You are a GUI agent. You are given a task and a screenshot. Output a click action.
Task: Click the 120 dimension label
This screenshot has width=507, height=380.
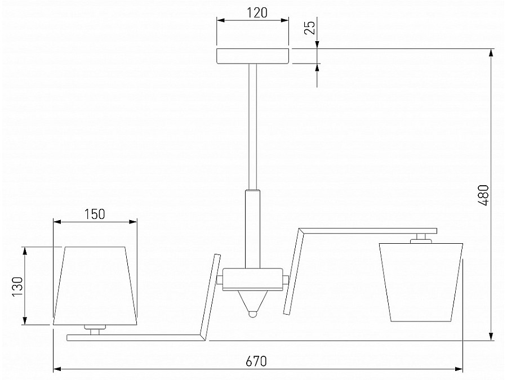(257, 12)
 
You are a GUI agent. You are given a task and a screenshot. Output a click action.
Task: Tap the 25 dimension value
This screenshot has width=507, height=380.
(310, 28)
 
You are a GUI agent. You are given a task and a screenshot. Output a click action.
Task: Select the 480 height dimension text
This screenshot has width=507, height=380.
(484, 195)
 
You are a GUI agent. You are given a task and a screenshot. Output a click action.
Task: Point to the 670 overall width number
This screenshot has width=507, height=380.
(256, 361)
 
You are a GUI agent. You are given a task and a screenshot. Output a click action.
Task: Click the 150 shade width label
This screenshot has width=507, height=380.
(95, 214)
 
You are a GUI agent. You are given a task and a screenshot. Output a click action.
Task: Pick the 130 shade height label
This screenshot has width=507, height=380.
(17, 287)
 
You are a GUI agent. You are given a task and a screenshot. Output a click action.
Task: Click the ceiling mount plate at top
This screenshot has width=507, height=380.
(252, 56)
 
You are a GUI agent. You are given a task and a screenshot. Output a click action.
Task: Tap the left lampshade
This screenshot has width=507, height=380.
(95, 286)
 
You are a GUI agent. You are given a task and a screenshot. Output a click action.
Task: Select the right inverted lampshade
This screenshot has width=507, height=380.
(421, 283)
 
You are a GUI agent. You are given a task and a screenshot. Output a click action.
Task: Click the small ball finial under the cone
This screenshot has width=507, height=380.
(253, 314)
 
